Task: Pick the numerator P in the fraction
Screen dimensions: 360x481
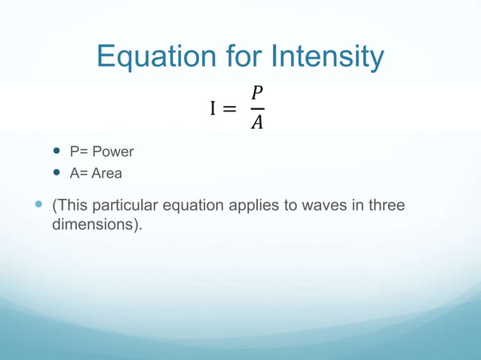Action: (x=257, y=93)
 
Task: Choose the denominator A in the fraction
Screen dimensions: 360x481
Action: (x=257, y=122)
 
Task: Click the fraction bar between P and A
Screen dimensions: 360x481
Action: (x=257, y=108)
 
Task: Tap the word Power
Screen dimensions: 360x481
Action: (x=113, y=151)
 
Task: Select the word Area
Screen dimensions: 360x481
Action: (x=106, y=173)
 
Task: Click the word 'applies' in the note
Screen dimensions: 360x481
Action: (x=256, y=206)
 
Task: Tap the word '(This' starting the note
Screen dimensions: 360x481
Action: (x=69, y=205)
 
